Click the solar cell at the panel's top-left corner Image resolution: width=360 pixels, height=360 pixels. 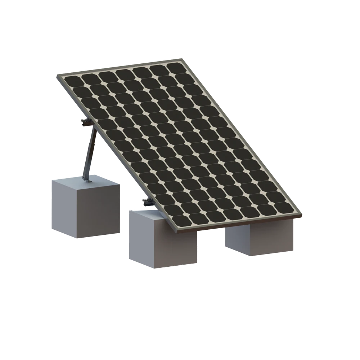coord(71,82)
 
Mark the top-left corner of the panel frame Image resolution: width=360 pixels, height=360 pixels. coord(58,76)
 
